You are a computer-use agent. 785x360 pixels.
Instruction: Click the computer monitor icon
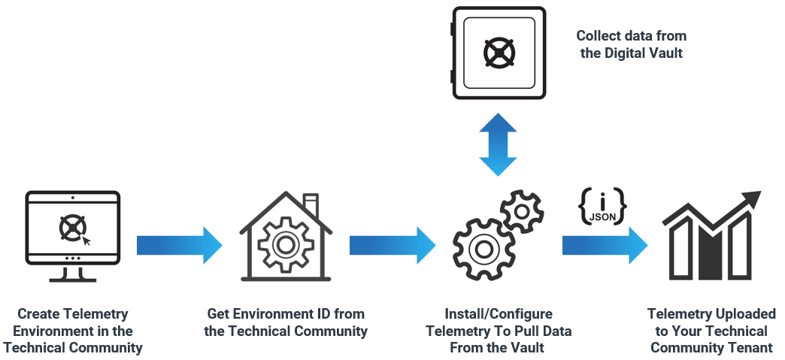72,235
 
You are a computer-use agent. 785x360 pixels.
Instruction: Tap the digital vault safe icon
497,53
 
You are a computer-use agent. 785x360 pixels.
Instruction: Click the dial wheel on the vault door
499,53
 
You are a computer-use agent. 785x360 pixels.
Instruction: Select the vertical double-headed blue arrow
498,145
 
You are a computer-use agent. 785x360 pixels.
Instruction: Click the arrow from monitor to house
179,245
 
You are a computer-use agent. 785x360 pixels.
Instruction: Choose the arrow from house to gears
392,245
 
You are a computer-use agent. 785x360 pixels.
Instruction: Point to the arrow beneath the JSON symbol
605,245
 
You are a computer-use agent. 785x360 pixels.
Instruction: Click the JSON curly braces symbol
602,204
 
